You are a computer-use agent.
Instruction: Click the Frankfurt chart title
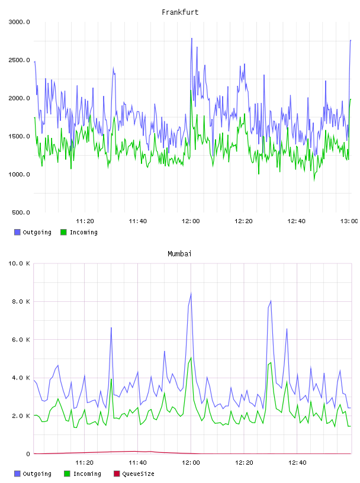click(180, 12)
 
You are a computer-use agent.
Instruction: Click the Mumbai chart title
click(179, 254)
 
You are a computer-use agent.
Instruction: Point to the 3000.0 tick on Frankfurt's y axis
click(19, 22)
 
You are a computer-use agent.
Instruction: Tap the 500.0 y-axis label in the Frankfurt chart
click(21, 212)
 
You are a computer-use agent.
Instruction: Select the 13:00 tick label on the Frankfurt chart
click(349, 221)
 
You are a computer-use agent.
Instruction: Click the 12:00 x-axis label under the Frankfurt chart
click(191, 221)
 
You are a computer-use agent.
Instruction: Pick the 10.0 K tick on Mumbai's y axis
click(19, 263)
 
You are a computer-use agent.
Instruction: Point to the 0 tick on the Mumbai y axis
click(28, 454)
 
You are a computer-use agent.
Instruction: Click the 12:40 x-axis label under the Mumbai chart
click(297, 463)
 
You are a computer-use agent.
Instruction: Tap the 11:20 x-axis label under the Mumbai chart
click(84, 463)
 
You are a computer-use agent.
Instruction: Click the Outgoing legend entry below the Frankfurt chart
click(33, 232)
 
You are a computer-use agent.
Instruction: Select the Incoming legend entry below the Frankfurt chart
click(79, 232)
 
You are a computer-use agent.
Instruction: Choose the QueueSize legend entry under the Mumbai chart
click(134, 474)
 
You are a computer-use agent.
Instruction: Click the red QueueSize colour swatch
click(117, 474)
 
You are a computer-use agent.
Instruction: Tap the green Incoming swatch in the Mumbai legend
click(67, 474)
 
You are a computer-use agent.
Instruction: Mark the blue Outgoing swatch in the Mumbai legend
click(17, 474)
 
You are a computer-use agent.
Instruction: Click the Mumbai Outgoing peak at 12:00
click(191, 293)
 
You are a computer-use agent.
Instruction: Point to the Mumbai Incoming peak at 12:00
click(191, 358)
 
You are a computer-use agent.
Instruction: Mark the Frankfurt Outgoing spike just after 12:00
click(192, 38)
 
